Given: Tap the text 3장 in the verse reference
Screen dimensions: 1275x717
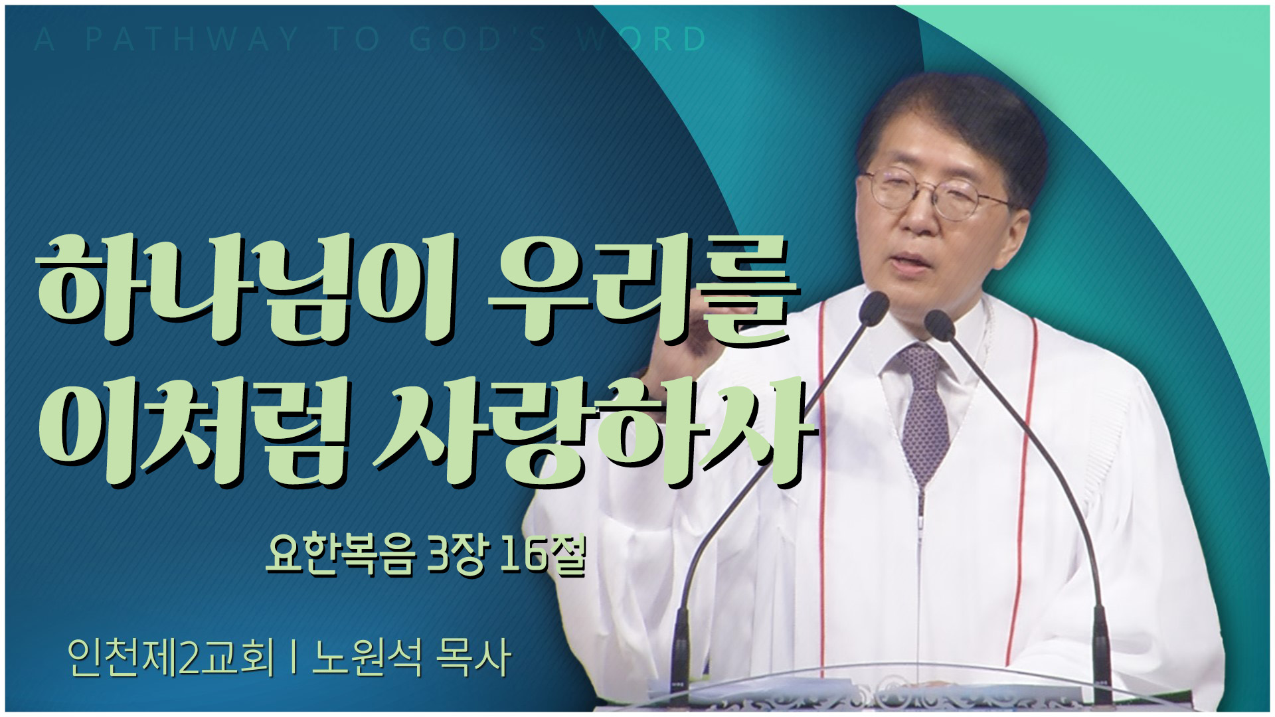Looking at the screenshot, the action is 458,556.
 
